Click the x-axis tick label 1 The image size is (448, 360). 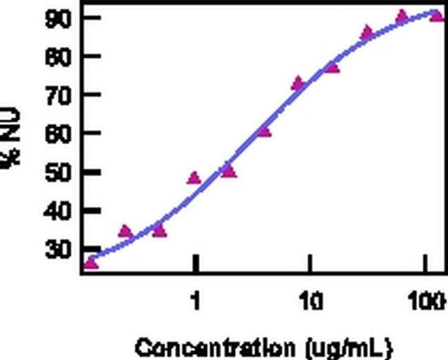(196, 301)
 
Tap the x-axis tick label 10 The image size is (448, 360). (312, 301)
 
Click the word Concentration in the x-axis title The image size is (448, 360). (205, 346)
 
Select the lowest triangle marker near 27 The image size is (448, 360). (90, 263)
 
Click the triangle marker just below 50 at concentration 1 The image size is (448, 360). (194, 178)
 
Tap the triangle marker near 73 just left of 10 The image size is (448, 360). (298, 84)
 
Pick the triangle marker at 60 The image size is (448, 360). (264, 130)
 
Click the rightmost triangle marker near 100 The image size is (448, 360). (436, 15)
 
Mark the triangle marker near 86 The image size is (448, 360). (367, 32)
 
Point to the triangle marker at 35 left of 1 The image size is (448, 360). (160, 230)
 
